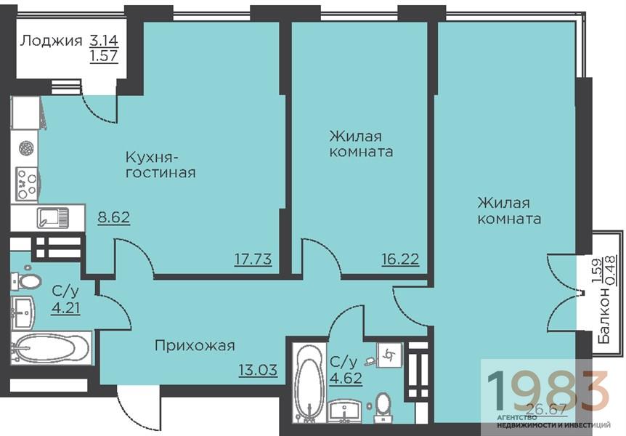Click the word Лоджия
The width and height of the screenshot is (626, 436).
51,41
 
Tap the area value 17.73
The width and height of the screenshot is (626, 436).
253,259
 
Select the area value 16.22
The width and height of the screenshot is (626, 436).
400,259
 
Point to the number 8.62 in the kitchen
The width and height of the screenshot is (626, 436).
114,217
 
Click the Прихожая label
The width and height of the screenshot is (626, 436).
195,345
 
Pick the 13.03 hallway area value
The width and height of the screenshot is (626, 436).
258,370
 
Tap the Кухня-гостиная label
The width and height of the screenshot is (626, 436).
160,164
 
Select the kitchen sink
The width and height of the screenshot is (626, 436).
53,218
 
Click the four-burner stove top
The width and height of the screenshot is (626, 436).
27,183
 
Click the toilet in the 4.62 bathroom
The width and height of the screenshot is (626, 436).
383,407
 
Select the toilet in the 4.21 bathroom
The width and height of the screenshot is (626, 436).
27,281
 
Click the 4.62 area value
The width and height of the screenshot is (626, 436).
346,378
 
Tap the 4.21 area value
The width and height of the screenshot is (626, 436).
65,308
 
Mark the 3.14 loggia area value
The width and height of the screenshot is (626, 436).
104,41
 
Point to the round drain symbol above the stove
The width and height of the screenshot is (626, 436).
26,148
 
